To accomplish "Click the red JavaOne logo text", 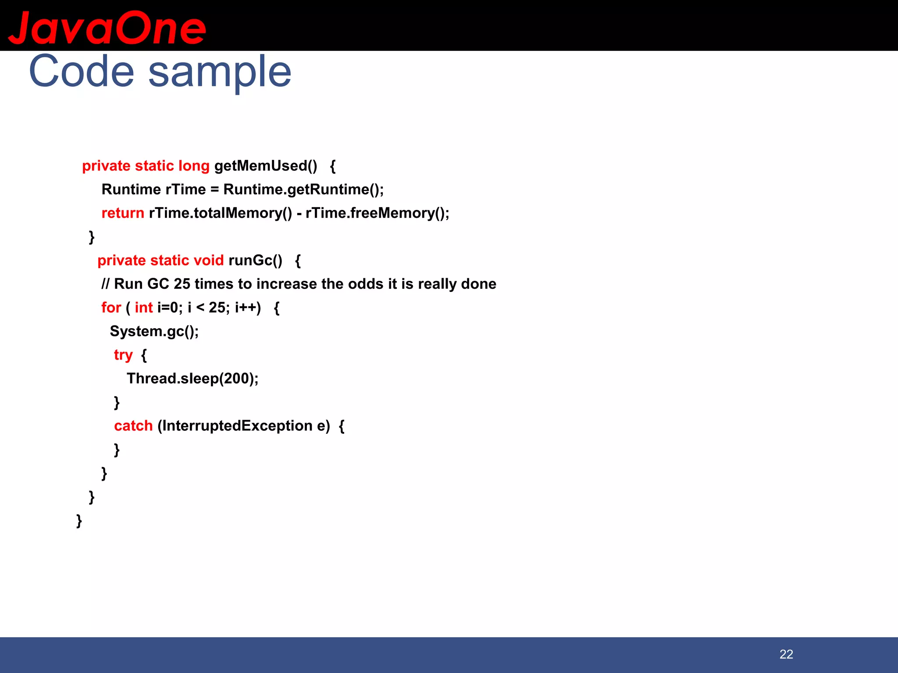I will [x=107, y=28].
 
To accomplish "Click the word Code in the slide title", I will [x=82, y=71].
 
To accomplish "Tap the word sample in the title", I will [x=220, y=72].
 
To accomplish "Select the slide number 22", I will [x=786, y=654].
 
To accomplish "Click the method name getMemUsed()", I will [x=266, y=166].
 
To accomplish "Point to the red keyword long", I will [x=194, y=166].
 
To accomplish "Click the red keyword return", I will [x=123, y=213].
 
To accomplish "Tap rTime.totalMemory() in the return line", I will [x=220, y=213].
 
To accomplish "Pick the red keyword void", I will [x=209, y=260].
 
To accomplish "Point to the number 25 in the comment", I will [x=182, y=284].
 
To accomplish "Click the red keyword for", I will [x=111, y=308].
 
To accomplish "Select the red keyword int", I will [x=143, y=308].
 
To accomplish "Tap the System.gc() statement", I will [x=154, y=331].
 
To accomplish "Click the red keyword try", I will [x=123, y=354].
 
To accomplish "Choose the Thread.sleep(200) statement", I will [x=192, y=379].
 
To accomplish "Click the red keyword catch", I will [x=133, y=426].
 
